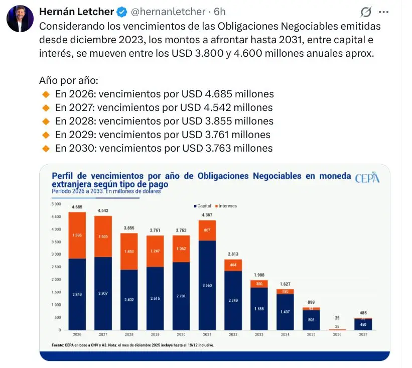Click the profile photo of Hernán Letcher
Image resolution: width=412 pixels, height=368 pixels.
coord(20,19)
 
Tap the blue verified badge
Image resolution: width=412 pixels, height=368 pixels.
coord(122,12)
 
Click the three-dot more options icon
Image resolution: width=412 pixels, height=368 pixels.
coord(383,12)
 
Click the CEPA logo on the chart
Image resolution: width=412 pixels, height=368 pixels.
coord(367,178)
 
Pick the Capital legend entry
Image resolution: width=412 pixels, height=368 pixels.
coord(203,206)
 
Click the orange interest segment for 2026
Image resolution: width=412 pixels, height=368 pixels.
coord(77,235)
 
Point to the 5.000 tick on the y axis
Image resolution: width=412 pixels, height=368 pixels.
coord(56,204)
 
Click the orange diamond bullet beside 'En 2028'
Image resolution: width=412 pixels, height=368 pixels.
coord(46,121)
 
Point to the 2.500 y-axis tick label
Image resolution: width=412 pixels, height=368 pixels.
coord(56,267)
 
